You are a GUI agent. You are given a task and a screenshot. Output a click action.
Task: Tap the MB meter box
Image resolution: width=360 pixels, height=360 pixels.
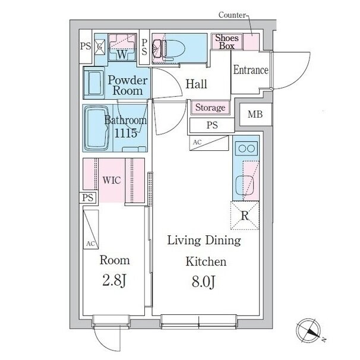(255, 114)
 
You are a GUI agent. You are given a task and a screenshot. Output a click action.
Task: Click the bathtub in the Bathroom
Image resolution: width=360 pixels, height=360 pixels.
(97, 128)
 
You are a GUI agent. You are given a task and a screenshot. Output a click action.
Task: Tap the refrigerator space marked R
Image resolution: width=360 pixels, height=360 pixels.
(245, 216)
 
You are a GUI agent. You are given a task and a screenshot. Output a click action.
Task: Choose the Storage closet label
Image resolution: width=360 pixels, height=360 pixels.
(210, 108)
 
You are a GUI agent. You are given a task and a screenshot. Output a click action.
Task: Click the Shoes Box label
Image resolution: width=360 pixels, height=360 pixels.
(226, 42)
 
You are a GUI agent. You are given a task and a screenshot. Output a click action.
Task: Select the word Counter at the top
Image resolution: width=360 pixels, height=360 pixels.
(232, 15)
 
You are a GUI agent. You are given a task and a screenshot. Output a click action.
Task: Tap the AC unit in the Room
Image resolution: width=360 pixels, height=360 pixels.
(91, 229)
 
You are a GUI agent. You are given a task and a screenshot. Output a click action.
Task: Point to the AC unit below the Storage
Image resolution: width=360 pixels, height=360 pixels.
(209, 143)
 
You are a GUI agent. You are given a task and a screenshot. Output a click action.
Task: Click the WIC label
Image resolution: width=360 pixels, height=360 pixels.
(112, 180)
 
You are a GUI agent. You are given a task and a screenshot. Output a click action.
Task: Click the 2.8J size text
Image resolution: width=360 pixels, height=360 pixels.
(114, 280)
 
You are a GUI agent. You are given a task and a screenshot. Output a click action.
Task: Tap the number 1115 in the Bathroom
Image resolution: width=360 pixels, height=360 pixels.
(125, 132)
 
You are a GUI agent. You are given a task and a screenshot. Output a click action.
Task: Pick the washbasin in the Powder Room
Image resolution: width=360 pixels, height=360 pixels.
(94, 83)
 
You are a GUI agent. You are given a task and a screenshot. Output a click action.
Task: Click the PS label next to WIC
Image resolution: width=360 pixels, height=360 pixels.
(88, 198)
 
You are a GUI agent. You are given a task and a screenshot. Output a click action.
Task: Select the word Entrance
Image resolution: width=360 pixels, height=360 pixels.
(251, 70)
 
